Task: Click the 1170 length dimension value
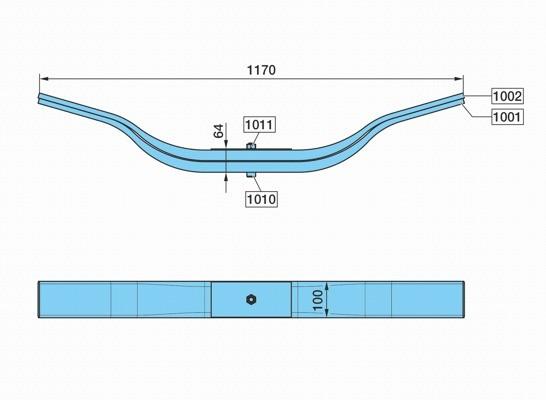261,70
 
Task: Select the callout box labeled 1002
507,96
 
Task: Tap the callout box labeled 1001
507,117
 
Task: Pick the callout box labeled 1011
260,125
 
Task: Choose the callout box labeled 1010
262,199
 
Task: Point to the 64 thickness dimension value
218,131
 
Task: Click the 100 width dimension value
318,300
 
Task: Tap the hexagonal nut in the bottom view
251,299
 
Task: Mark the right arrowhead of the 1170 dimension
459,79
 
